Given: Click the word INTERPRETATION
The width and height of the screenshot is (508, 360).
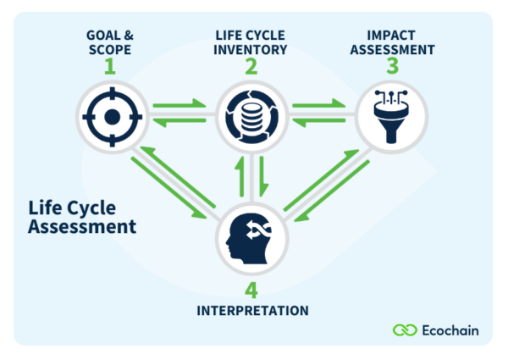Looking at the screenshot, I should click(x=252, y=310).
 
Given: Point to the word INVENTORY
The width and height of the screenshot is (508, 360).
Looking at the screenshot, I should click(x=251, y=49).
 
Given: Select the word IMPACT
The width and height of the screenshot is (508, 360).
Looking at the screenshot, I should click(x=390, y=34).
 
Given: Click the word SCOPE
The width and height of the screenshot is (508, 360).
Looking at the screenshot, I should click(x=110, y=49).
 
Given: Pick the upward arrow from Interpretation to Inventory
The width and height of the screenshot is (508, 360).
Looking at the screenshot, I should click(x=240, y=174).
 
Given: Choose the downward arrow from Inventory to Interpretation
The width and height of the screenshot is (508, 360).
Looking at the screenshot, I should click(x=263, y=176).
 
